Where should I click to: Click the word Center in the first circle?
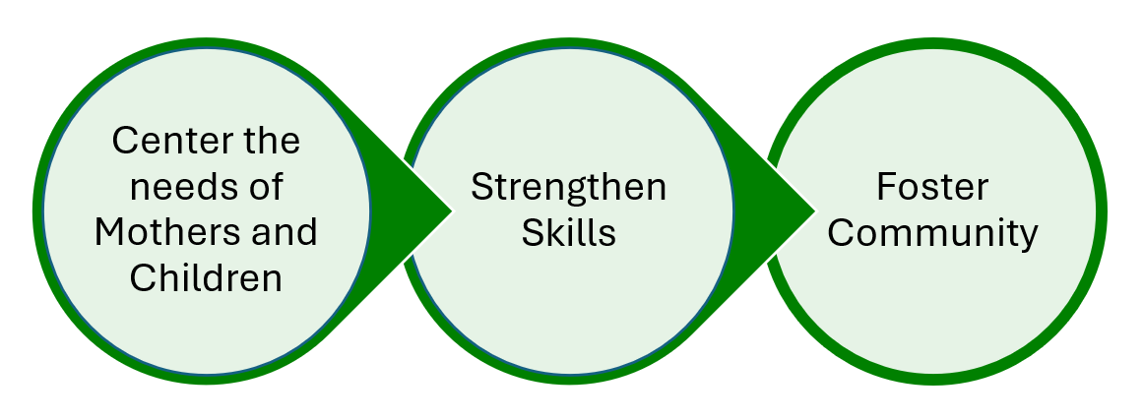pyautogui.click(x=155, y=140)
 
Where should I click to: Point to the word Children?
pyautogui.click(x=206, y=278)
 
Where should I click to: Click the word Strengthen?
pyautogui.click(x=568, y=187)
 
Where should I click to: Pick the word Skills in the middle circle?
pyautogui.click(x=568, y=233)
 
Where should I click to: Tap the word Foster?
pyautogui.click(x=931, y=187)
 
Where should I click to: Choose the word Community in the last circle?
pyautogui.click(x=931, y=234)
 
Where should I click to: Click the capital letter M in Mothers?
pyautogui.click(x=106, y=232)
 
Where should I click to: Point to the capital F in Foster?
pyautogui.click(x=884, y=187)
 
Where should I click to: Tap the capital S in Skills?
pyautogui.click(x=531, y=233)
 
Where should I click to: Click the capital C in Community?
pyautogui.click(x=836, y=234)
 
